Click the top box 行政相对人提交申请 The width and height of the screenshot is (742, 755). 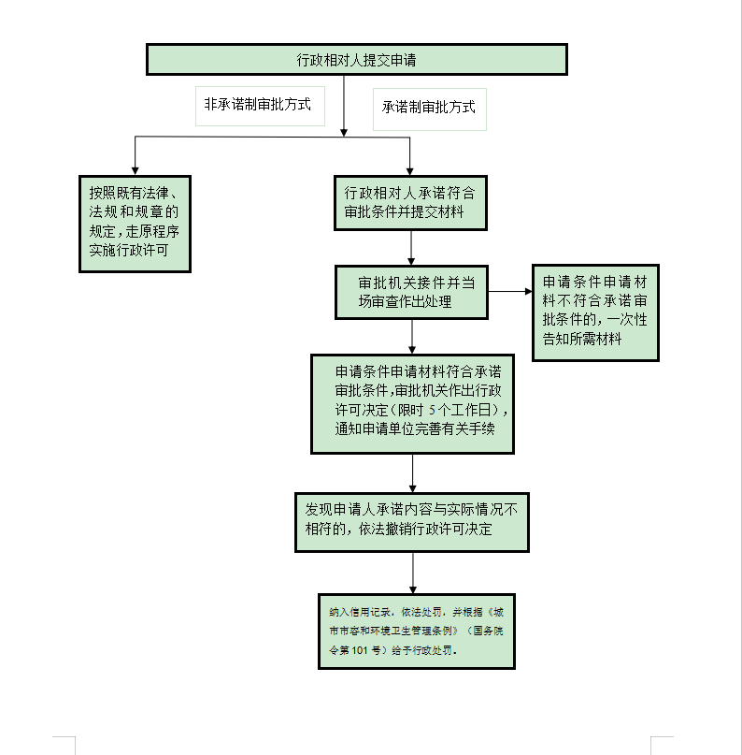pyautogui.click(x=356, y=60)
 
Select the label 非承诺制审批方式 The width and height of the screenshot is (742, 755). pyautogui.click(x=258, y=106)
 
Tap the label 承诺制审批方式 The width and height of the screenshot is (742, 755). pyautogui.click(x=429, y=107)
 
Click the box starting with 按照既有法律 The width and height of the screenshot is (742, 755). pyautogui.click(x=135, y=223)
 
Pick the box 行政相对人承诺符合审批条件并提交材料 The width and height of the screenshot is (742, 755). pyautogui.click(x=411, y=202)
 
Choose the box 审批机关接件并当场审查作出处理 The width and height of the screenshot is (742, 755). pyautogui.click(x=411, y=292)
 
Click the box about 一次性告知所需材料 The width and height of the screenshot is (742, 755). pyautogui.click(x=595, y=312)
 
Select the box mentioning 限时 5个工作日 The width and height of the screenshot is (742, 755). pyautogui.click(x=411, y=402)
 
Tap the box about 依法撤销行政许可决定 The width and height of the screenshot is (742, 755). pyautogui.click(x=411, y=521)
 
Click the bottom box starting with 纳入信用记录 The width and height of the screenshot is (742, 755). pyautogui.click(x=416, y=631)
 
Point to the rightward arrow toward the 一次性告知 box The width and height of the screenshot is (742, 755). pyautogui.click(x=509, y=292)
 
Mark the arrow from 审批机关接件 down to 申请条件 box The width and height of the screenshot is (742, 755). pyautogui.click(x=412, y=337)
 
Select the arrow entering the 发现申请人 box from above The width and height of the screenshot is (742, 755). pyautogui.click(x=412, y=473)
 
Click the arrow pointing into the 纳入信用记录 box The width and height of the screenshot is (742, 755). pyautogui.click(x=412, y=572)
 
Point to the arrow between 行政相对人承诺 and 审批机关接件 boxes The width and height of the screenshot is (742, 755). pyautogui.click(x=412, y=248)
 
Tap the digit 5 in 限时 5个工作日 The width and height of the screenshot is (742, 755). pyautogui.click(x=433, y=411)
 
